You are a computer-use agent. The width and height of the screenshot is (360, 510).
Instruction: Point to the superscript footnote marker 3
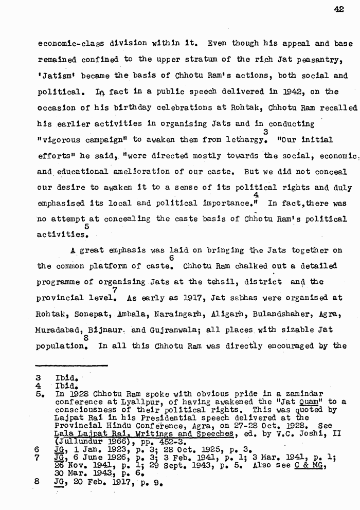point(265,132)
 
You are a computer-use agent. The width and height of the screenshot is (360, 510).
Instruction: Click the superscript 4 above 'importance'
point(256,195)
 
